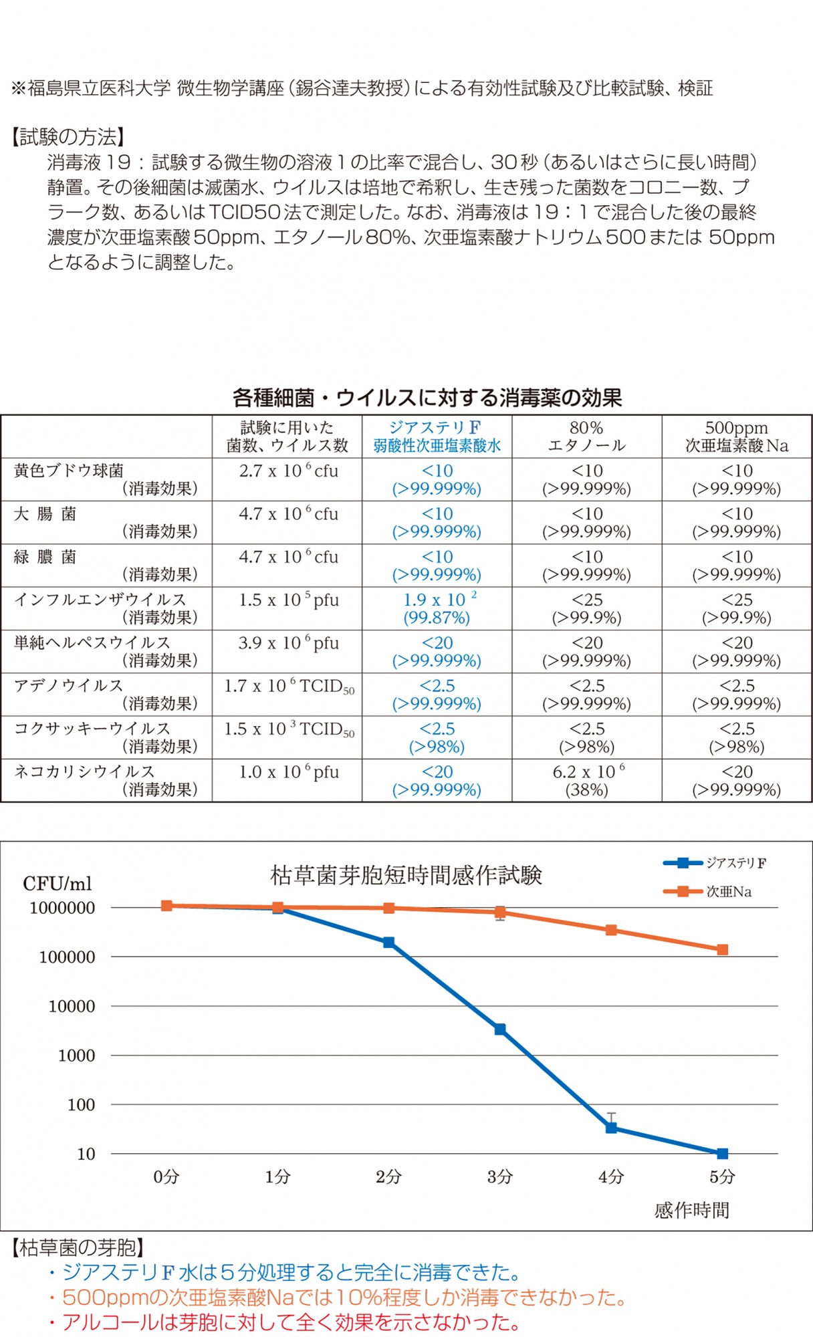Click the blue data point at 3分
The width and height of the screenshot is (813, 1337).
coord(500,1029)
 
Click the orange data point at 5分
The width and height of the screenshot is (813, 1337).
coord(722,949)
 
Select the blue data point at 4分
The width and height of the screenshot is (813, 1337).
coord(611,1128)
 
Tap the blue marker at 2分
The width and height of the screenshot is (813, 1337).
coord(388,943)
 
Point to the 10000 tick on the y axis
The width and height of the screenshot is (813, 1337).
coord(72,1006)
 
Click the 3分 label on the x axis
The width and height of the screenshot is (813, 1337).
coord(500,1177)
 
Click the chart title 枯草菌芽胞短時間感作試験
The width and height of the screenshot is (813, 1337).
coord(406,875)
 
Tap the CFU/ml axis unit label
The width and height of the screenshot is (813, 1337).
coord(57,884)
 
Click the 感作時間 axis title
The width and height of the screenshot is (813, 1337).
coord(691,1210)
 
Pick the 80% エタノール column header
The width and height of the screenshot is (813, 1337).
coord(586,437)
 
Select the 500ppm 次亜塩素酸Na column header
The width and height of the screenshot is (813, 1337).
coord(737,437)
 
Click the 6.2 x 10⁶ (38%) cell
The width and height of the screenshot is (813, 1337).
coord(587,780)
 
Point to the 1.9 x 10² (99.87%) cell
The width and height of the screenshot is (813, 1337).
coord(437,608)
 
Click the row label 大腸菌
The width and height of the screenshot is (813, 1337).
coord(45,514)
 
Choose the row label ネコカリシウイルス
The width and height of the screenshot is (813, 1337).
coord(84,771)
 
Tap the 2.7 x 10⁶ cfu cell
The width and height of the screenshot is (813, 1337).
coord(288,471)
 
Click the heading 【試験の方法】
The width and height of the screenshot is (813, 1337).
coord(68,137)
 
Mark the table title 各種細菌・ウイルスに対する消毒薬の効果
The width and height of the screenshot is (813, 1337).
coord(427,398)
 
